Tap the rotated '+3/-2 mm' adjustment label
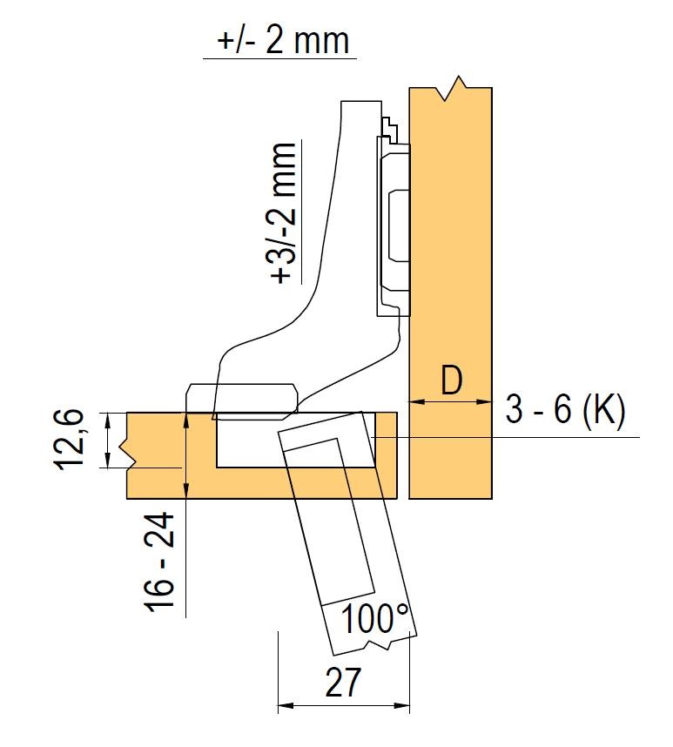click(x=284, y=212)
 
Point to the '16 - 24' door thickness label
click(x=160, y=562)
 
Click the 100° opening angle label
click(x=375, y=619)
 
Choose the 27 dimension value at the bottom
click(x=343, y=683)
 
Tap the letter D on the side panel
click(x=451, y=380)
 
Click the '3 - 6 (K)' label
click(x=565, y=410)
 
